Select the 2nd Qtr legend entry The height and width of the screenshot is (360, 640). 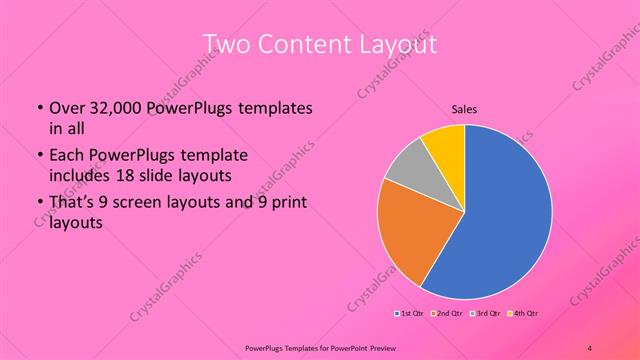coord(446,314)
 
